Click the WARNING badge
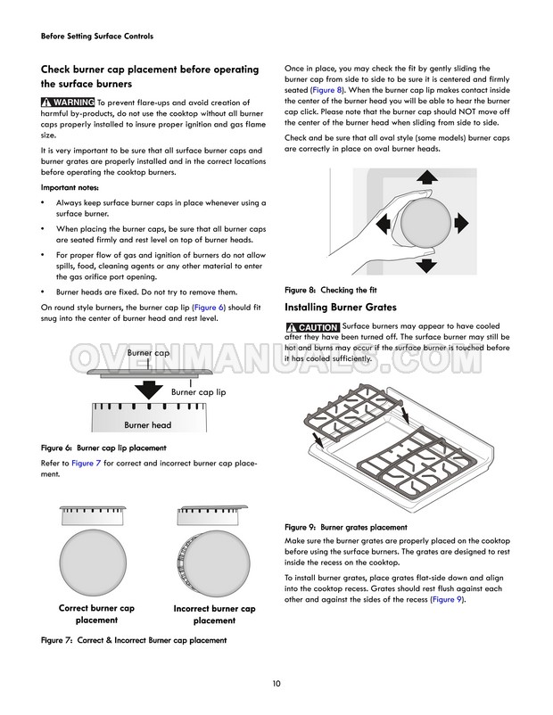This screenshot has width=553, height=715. (68, 103)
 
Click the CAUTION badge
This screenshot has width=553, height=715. (312, 327)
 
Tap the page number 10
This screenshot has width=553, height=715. (276, 684)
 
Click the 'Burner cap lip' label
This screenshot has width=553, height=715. (198, 391)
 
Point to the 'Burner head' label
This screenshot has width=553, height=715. (148, 425)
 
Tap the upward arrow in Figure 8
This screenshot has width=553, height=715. (425, 179)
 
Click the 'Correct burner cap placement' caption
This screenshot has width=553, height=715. (96, 614)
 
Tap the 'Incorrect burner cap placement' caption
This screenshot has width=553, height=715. (214, 615)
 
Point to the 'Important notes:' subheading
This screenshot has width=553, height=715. (70, 187)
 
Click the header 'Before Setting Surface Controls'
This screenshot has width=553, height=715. (97, 37)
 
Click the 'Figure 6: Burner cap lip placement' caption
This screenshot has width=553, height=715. (103, 448)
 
